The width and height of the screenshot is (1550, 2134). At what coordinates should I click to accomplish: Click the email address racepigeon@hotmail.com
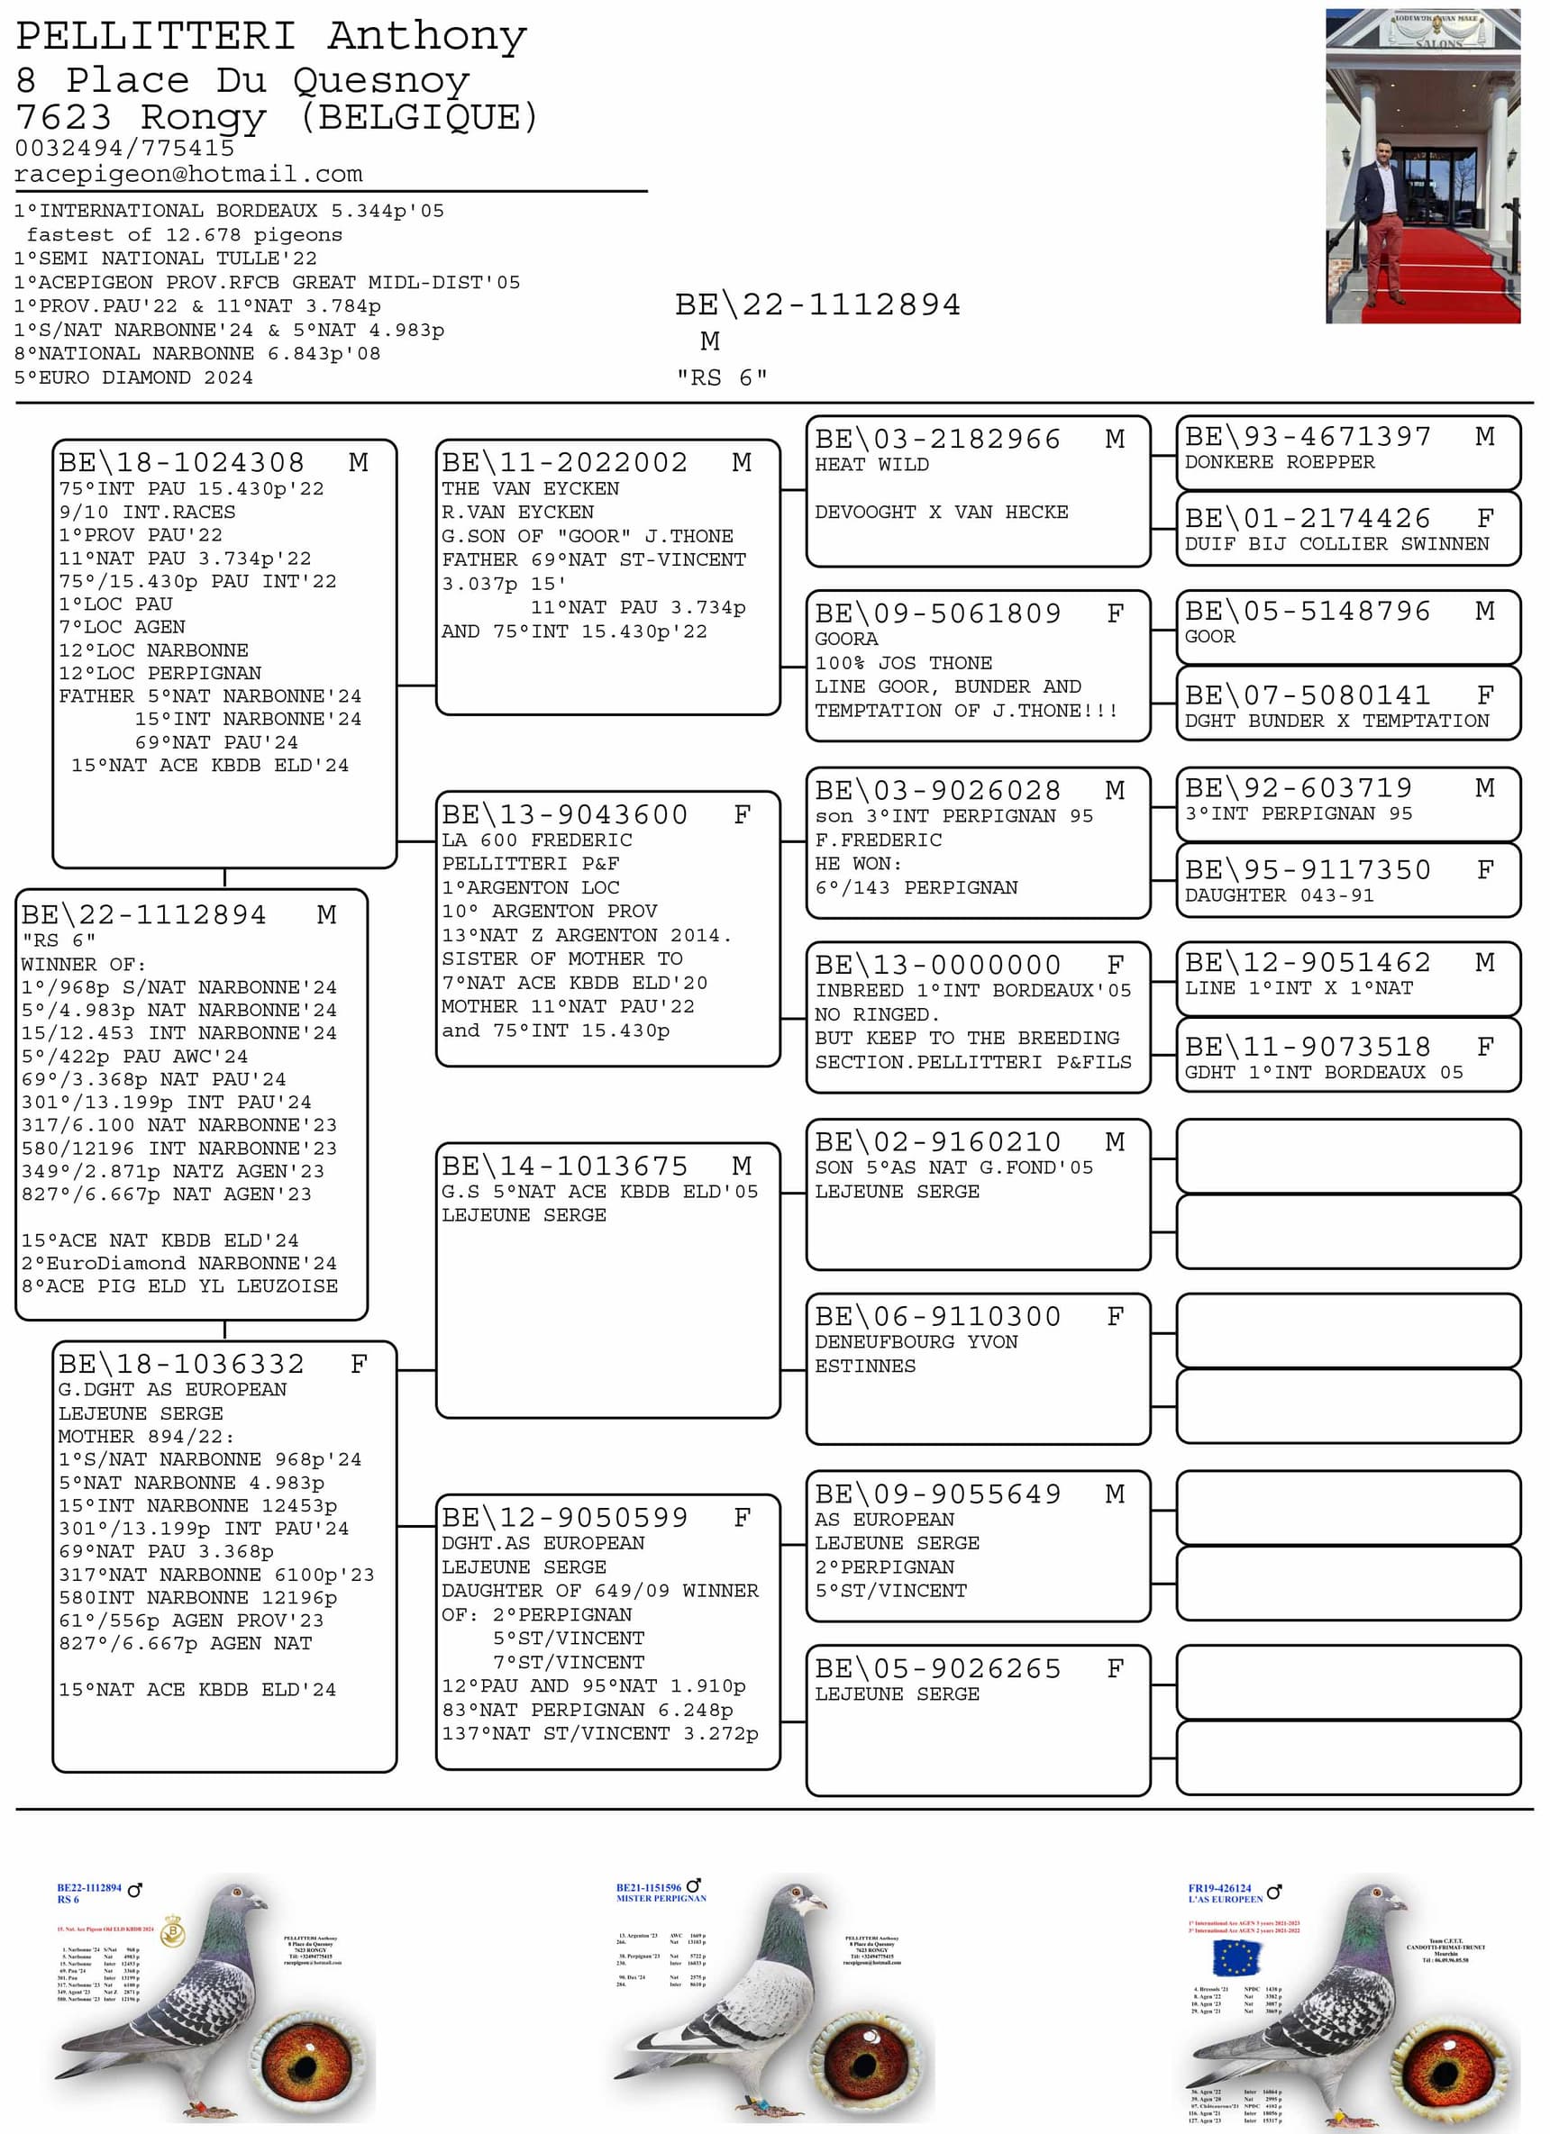[x=188, y=174]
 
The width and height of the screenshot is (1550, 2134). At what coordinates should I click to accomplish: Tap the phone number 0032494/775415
[x=124, y=148]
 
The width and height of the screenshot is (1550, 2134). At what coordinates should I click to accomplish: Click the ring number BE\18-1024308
[x=182, y=462]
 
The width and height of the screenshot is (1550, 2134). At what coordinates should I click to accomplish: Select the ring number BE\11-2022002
[x=565, y=462]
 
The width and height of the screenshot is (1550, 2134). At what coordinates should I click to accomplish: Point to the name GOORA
[x=846, y=639]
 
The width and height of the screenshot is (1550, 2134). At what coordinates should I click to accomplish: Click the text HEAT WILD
[x=871, y=464]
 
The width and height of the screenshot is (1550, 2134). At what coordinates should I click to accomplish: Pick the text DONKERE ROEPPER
[x=1279, y=462]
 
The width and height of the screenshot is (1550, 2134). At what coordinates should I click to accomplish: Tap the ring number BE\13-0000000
[x=937, y=965]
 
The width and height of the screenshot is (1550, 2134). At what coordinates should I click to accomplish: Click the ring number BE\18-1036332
[x=182, y=1364]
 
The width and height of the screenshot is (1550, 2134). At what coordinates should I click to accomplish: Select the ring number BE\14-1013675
[x=565, y=1166]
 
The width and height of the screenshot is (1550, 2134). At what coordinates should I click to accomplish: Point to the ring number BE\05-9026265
[x=937, y=1668]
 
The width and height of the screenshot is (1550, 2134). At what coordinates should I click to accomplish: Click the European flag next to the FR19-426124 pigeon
[x=1235, y=1958]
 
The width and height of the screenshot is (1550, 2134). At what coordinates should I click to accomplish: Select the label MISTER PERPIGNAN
[x=661, y=1899]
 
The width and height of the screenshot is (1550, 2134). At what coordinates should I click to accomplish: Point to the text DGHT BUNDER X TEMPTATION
[x=1336, y=721]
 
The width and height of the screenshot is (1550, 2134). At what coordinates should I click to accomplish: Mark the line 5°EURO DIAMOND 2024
[x=133, y=377]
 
